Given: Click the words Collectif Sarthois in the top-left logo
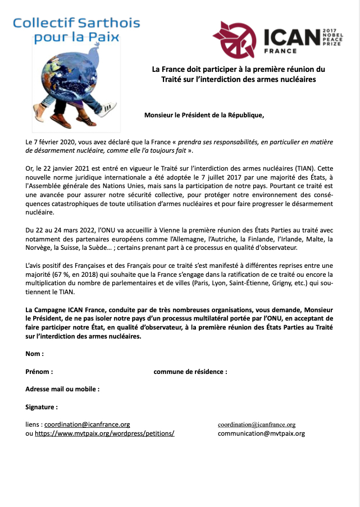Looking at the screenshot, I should (77, 24).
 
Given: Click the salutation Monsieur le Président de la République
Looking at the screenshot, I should (204, 116).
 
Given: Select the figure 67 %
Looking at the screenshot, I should (63, 274).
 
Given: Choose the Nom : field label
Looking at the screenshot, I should (34, 354).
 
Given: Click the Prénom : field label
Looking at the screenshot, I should (39, 372).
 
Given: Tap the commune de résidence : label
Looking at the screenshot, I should (190, 372).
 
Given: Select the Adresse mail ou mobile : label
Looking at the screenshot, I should (62, 389).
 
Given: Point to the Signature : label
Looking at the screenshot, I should (41, 407).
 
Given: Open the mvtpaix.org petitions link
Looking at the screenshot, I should (104, 434).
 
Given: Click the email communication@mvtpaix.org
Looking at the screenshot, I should (261, 433).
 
